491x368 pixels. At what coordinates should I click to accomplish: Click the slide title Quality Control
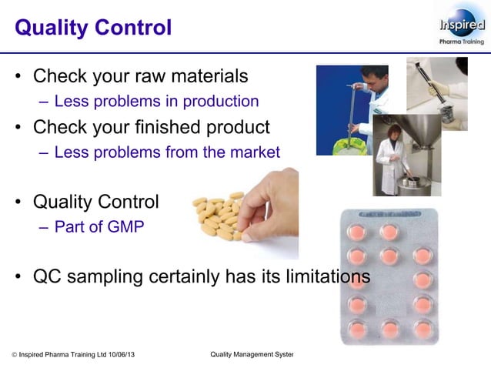click(x=93, y=28)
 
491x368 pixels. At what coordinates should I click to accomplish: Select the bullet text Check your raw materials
click(x=140, y=76)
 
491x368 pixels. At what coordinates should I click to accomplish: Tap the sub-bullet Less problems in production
click(x=156, y=101)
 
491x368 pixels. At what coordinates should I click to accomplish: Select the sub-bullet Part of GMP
click(x=99, y=227)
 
